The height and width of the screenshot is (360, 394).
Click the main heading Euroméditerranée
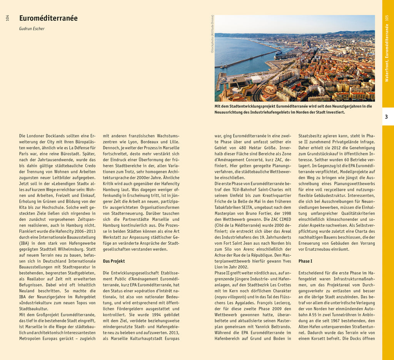tap(48, 18)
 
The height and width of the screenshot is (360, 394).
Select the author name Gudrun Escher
tap(32, 29)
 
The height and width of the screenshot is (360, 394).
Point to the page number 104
tap(7, 18)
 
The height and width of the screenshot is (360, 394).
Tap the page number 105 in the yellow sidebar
tap(387, 18)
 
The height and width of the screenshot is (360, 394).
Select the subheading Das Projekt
tap(114, 261)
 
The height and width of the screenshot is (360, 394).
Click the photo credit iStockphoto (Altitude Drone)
tap(212, 34)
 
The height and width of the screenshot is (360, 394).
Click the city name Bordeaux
tap(150, 142)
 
